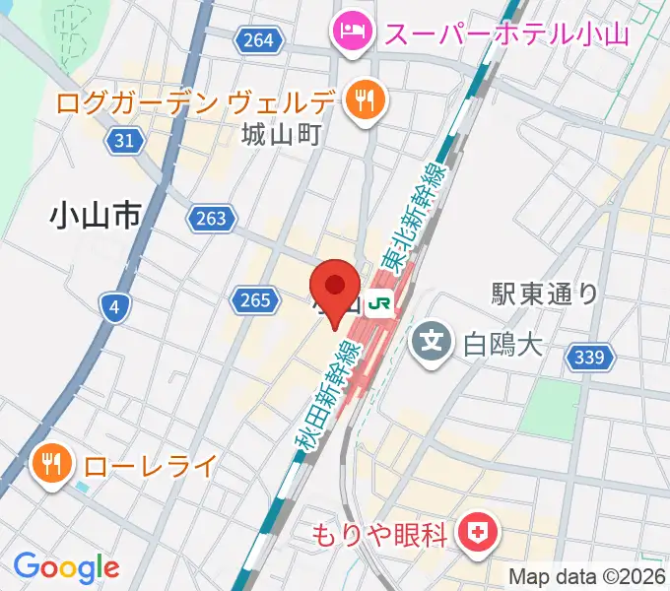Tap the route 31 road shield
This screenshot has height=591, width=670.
(123, 141)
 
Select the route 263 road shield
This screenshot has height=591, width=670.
(211, 219)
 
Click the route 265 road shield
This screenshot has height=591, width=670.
(253, 298)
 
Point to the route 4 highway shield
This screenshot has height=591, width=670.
(114, 309)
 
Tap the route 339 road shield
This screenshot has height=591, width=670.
(589, 359)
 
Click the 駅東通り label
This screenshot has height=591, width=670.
(545, 293)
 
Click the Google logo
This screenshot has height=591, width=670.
(66, 566)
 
